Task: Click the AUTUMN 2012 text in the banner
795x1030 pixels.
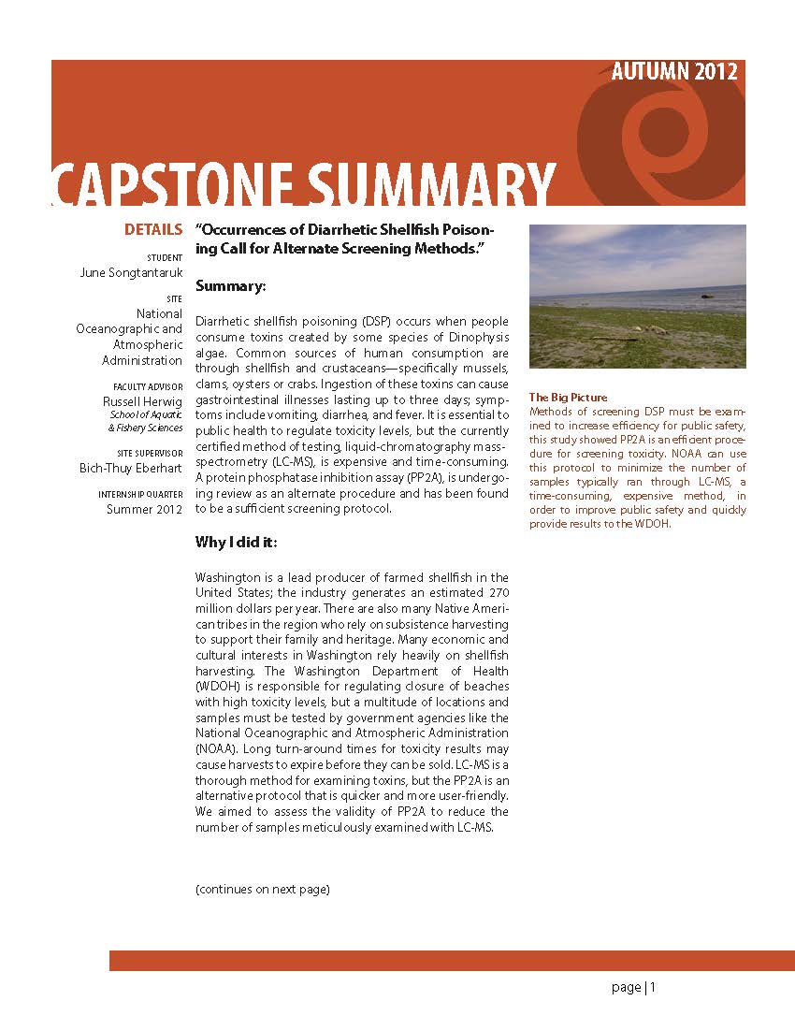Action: click(674, 72)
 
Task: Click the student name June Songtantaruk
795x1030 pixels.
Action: click(131, 273)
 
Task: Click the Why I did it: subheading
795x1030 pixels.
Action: click(236, 543)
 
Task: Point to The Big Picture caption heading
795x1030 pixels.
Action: click(568, 398)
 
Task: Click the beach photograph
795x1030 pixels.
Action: click(637, 296)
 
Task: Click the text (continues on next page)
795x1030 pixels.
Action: click(262, 889)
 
